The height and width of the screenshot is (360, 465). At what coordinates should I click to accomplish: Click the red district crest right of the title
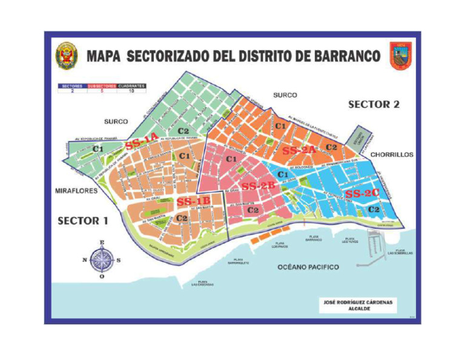click(x=400, y=56)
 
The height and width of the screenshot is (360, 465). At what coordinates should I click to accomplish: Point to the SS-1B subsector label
click(x=193, y=201)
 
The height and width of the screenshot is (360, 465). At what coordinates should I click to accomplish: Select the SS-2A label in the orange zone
click(x=299, y=150)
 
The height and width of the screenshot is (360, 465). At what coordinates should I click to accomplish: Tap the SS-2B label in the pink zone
click(x=259, y=186)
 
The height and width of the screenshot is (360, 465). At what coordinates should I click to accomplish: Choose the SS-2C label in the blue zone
click(x=362, y=193)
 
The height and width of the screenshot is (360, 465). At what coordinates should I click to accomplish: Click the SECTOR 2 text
click(x=374, y=104)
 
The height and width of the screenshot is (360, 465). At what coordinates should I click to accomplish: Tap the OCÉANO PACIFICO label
click(x=308, y=267)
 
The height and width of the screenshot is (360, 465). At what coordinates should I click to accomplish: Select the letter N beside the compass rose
click(x=84, y=261)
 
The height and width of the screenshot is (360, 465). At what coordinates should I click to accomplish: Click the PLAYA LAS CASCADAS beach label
click(x=203, y=283)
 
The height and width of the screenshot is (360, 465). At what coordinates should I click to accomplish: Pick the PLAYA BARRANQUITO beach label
click(x=239, y=262)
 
